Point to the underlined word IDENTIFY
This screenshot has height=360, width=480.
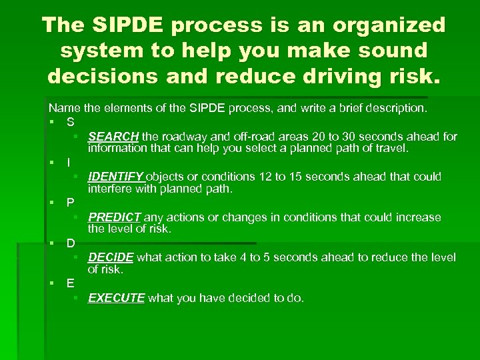[x=116, y=177]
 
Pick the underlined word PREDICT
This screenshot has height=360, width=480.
[x=114, y=217]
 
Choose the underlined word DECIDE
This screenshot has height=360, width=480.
[x=111, y=257]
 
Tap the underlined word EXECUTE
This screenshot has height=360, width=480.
[x=116, y=298]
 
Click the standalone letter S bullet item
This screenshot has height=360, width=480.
[x=70, y=122]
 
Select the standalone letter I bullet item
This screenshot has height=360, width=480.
[x=68, y=162]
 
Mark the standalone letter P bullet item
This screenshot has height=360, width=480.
[x=70, y=203]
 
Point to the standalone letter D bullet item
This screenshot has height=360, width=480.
[x=70, y=243]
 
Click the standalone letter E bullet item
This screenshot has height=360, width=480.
[x=70, y=283]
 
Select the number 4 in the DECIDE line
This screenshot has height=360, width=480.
[x=239, y=257]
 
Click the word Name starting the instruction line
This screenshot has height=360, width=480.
[x=63, y=107]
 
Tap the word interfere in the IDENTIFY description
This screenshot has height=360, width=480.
[x=110, y=189]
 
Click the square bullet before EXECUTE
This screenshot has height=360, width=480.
[x=77, y=297]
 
